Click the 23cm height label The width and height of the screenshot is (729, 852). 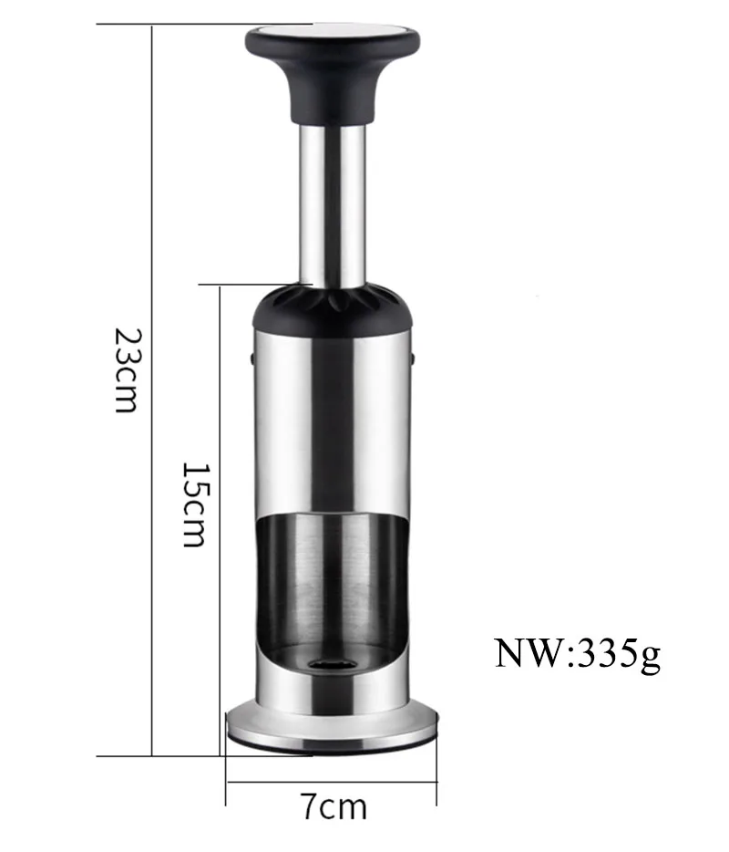(128, 370)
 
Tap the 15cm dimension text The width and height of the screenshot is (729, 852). (194, 504)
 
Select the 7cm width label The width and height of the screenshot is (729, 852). (334, 807)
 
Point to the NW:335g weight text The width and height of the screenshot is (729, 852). (578, 654)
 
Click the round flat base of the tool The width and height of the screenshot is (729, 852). (333, 729)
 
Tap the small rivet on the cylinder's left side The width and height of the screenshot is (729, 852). (252, 358)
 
